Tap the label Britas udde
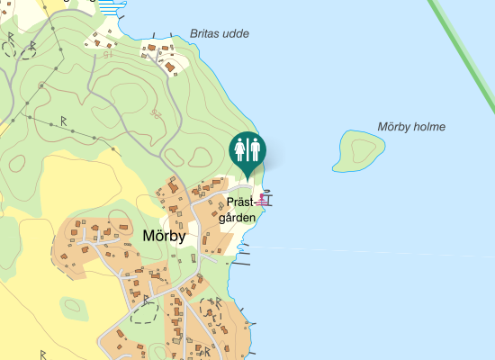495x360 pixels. tap(220, 34)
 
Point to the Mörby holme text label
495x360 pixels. tap(411, 127)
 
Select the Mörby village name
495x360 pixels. tap(164, 237)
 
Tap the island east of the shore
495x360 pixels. tap(357, 150)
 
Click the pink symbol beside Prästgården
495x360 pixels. tap(265, 200)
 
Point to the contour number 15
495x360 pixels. tap(108, 56)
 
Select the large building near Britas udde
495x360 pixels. tap(169, 66)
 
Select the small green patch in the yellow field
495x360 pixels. tap(74, 307)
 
